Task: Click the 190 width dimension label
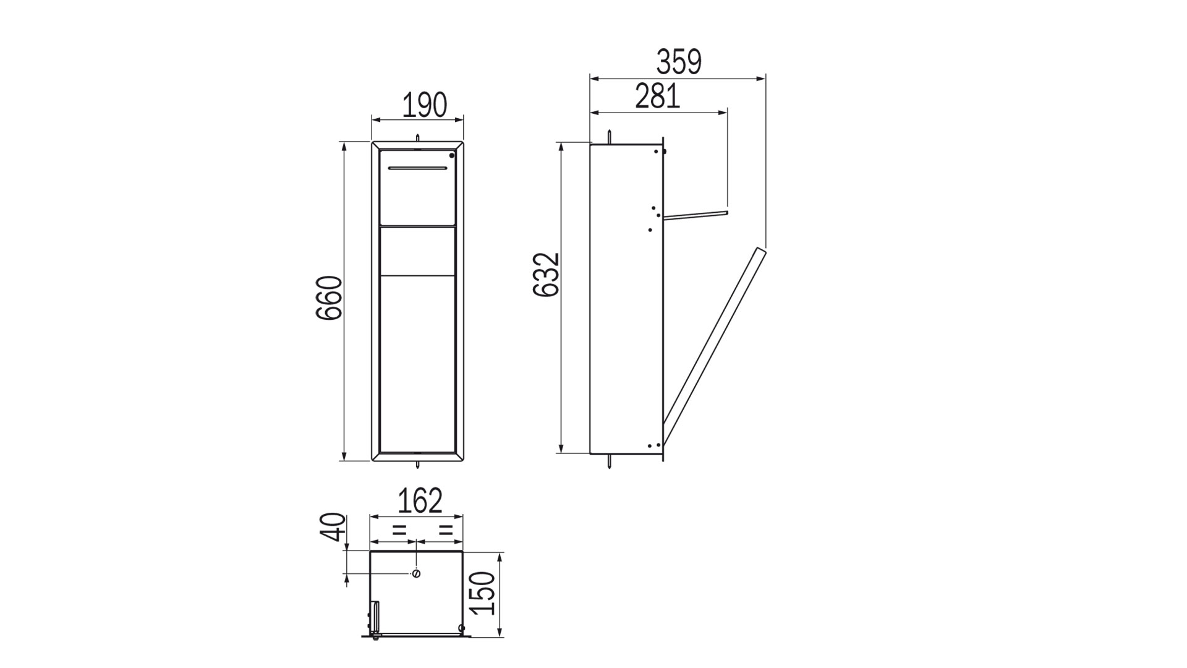tap(425, 105)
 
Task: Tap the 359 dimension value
tap(679, 62)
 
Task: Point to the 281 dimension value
tap(658, 96)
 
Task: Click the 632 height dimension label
tap(547, 275)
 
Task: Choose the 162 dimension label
tap(420, 501)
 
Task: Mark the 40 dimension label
tap(333, 527)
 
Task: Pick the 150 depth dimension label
tap(483, 593)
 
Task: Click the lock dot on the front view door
tap(452, 156)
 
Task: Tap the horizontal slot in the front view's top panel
tap(417, 168)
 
